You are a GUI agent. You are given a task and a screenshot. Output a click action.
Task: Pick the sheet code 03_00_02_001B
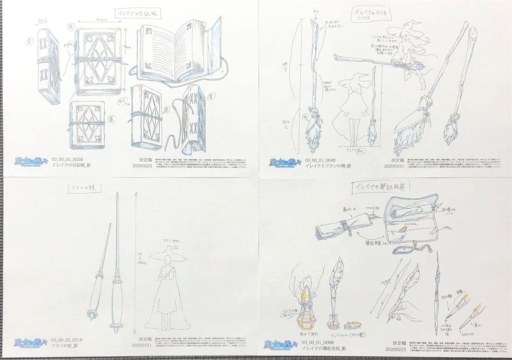click(67, 340)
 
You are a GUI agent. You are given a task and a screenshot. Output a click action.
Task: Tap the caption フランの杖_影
click(64, 346)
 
